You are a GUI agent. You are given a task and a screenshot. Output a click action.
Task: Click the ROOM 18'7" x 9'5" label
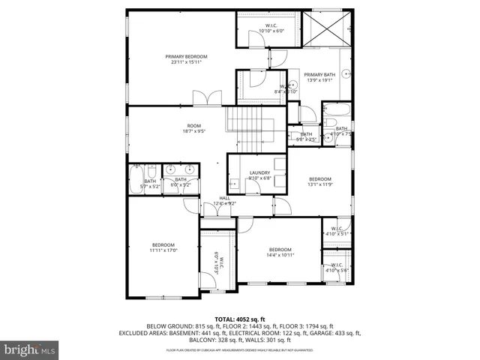(x=193, y=128)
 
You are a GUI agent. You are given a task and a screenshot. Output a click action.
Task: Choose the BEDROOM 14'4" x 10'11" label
(x=280, y=253)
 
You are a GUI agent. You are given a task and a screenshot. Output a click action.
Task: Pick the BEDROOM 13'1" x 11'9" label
(x=320, y=182)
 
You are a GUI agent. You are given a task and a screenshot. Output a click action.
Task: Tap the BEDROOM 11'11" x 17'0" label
(x=163, y=248)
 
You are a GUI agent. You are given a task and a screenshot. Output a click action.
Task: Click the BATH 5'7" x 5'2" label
(x=150, y=182)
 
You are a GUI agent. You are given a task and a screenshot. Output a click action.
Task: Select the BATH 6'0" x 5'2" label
(x=181, y=182)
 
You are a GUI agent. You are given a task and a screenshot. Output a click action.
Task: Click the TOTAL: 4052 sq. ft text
(x=240, y=319)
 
